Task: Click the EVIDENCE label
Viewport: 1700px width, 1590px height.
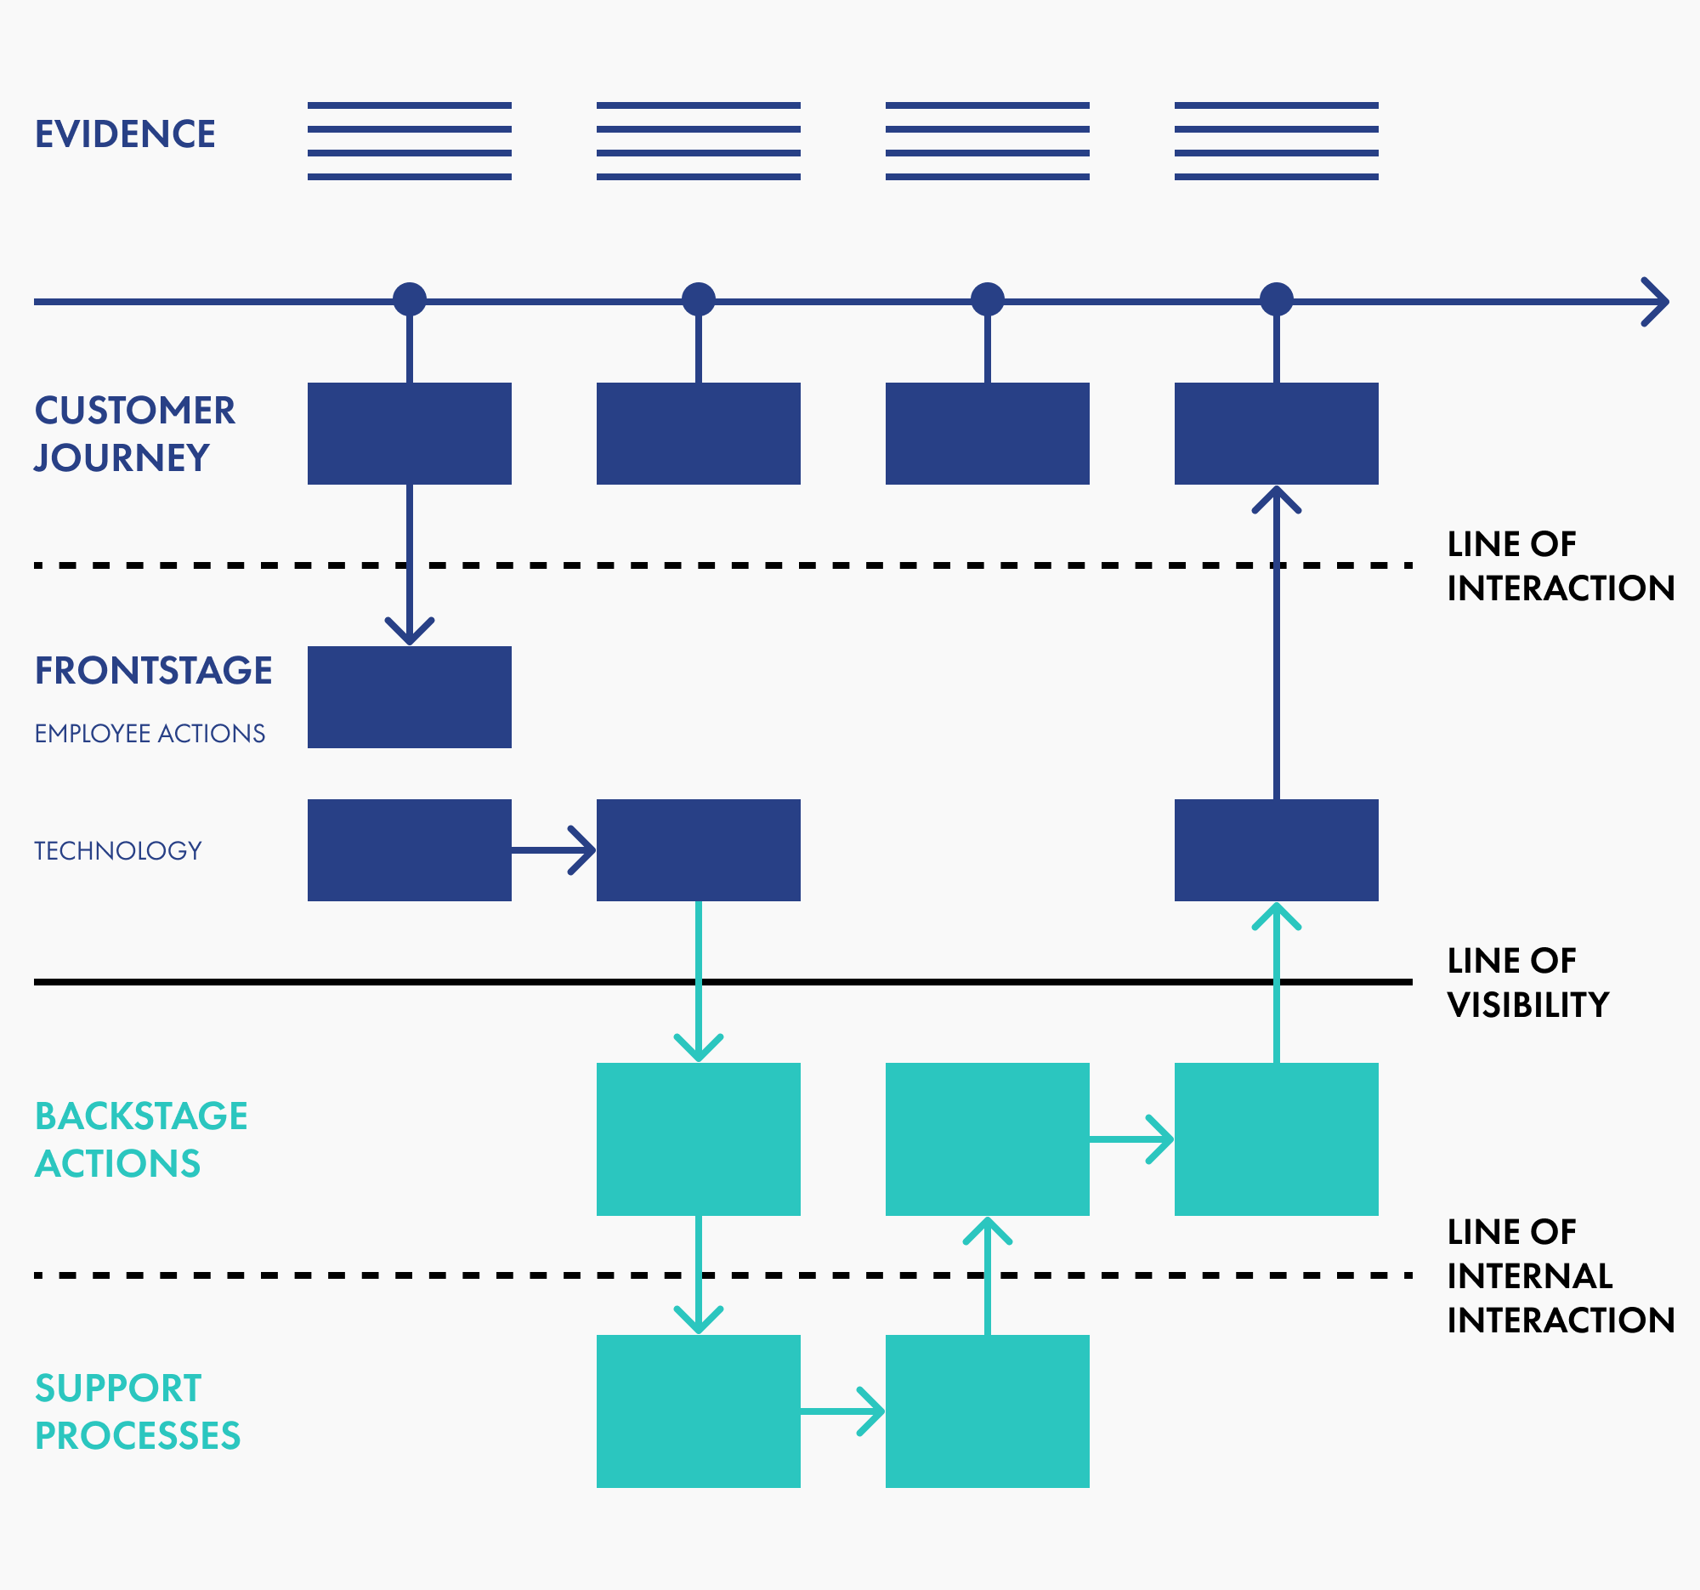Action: (125, 134)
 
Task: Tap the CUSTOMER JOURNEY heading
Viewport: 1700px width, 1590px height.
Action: (134, 434)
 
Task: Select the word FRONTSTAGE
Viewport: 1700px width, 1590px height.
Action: (154, 671)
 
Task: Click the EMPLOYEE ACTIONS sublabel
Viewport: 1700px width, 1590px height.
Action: (150, 734)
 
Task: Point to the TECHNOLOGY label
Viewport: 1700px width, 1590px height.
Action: (118, 851)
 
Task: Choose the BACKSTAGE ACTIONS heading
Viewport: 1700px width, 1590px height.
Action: (141, 1139)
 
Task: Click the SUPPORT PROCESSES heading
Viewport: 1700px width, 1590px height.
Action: (137, 1411)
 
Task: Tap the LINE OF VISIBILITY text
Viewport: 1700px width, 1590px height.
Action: (1527, 983)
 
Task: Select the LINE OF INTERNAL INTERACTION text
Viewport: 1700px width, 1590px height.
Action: (1560, 1276)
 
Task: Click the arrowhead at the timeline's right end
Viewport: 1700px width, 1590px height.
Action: (1657, 302)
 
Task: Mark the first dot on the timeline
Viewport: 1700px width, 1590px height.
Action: (410, 299)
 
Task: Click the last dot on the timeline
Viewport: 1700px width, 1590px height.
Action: (1277, 299)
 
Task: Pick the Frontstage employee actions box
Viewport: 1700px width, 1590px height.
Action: (410, 697)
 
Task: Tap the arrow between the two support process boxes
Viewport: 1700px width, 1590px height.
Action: (843, 1411)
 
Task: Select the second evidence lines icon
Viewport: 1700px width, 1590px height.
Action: (699, 141)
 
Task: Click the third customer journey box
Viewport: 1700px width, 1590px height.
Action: (988, 434)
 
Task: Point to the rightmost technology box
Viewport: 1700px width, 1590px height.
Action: (1277, 850)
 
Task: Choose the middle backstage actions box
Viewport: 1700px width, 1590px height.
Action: (988, 1139)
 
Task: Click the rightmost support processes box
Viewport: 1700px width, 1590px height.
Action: (988, 1411)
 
